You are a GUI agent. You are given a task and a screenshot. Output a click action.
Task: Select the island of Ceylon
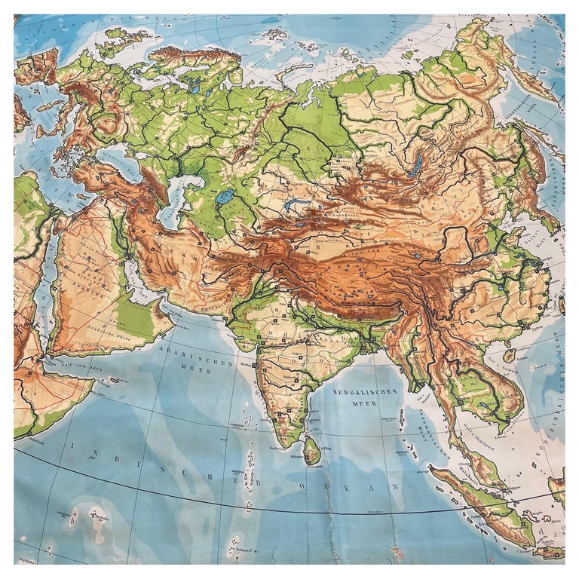[311, 451]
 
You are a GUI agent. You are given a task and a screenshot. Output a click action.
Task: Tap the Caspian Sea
[176, 200]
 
